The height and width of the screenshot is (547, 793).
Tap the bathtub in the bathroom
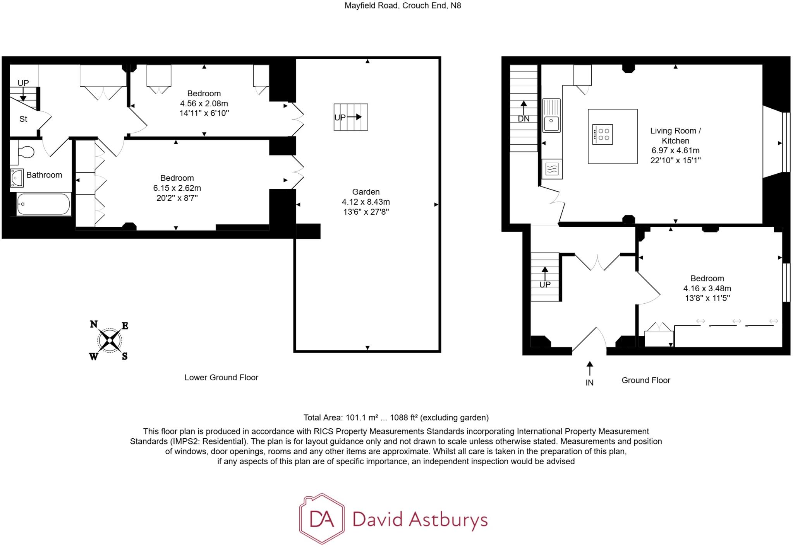[43, 204]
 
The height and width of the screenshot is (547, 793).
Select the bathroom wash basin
[17, 178]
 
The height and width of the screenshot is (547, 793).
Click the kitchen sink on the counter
[551, 123]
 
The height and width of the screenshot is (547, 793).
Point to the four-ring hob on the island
[603, 134]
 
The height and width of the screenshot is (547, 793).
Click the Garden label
[366, 192]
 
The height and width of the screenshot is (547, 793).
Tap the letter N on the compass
[94, 324]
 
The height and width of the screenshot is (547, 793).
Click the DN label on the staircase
[524, 119]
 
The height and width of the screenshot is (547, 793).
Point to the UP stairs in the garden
[351, 117]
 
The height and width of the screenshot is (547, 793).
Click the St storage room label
[23, 119]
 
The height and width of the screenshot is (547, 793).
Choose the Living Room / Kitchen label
[675, 136]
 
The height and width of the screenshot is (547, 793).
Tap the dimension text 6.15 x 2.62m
[177, 188]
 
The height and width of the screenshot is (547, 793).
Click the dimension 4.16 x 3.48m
[707, 288]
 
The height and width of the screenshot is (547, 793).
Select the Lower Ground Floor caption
[221, 378]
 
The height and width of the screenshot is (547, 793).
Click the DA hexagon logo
[321, 519]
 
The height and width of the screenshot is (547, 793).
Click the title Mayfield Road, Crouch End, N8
[403, 6]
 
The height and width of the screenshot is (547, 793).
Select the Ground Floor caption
[645, 380]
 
